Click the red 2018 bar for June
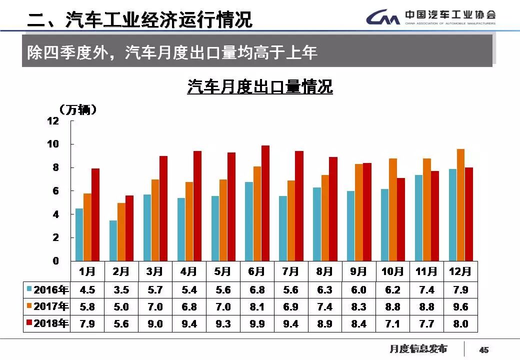[x=265, y=203]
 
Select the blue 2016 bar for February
[x=113, y=240]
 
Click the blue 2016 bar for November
[x=418, y=217]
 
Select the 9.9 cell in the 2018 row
[x=256, y=324]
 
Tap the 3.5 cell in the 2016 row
[x=121, y=290]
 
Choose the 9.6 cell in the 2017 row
[x=460, y=307]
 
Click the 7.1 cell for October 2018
[x=392, y=324]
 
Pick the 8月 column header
[x=324, y=271]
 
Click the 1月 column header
[x=87, y=271]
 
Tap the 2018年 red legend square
[x=29, y=323]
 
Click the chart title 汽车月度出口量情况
[x=260, y=87]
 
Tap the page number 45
[x=483, y=350]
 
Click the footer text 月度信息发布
[x=418, y=348]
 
